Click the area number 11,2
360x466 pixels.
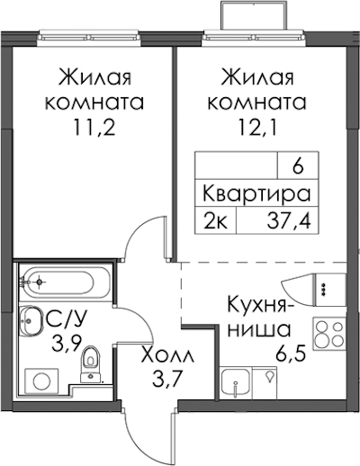pyautogui.click(x=94, y=130)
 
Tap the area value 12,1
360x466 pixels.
pyautogui.click(x=256, y=130)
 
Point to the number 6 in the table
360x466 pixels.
pyautogui.click(x=298, y=167)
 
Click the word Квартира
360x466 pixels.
pyautogui.click(x=256, y=193)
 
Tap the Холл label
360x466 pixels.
pyautogui.click(x=168, y=356)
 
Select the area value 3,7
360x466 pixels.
pyautogui.click(x=166, y=381)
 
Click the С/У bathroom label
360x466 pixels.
pyautogui.click(x=67, y=321)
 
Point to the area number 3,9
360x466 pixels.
pyautogui.click(x=67, y=344)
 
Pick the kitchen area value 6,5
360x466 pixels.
pyautogui.click(x=291, y=353)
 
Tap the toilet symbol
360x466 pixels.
pyautogui.click(x=91, y=364)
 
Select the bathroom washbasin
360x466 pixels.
pyautogui.click(x=32, y=321)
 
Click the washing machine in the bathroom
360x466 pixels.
pyautogui.click(x=41, y=381)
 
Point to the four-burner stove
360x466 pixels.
pyautogui.click(x=329, y=334)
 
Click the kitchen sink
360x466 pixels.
pyautogui.click(x=236, y=382)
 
